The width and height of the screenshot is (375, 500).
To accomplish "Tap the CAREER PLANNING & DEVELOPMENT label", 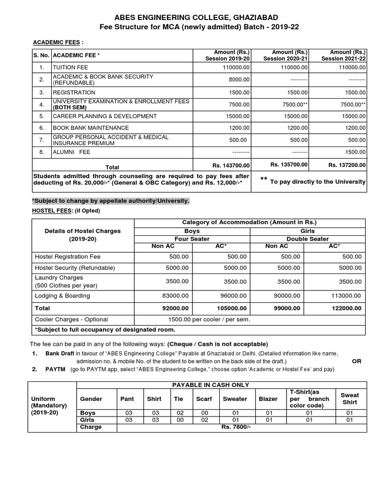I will pyautogui.click(x=104, y=116).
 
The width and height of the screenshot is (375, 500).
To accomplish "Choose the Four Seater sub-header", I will pyautogui.click(x=192, y=239).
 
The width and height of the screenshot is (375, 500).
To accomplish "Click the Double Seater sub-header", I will pyautogui.click(x=308, y=239).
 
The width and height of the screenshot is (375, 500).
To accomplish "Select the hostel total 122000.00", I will pyautogui.click(x=345, y=308).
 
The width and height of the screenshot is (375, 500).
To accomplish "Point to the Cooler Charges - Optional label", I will pyautogui.click(x=71, y=319).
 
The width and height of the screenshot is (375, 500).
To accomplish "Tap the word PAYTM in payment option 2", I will pyautogui.click(x=55, y=370).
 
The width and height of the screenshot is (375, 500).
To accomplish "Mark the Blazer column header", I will pyautogui.click(x=268, y=399).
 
